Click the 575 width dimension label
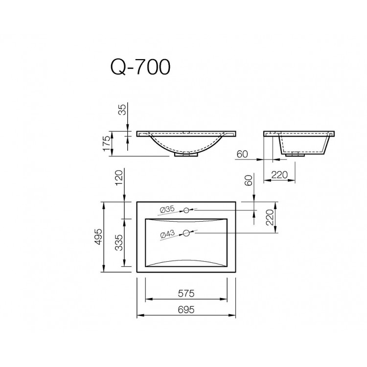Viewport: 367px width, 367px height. [x=186, y=294]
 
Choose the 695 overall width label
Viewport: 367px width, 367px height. [x=186, y=309]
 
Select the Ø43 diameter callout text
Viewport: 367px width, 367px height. [x=167, y=235]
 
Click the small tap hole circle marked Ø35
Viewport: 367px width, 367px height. [x=186, y=211]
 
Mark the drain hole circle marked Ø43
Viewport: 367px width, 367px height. [x=186, y=233]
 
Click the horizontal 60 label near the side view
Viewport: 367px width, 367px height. [x=242, y=154]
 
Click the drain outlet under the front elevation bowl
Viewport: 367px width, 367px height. [x=186, y=154]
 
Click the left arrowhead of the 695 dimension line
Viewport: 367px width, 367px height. [x=138, y=316]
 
